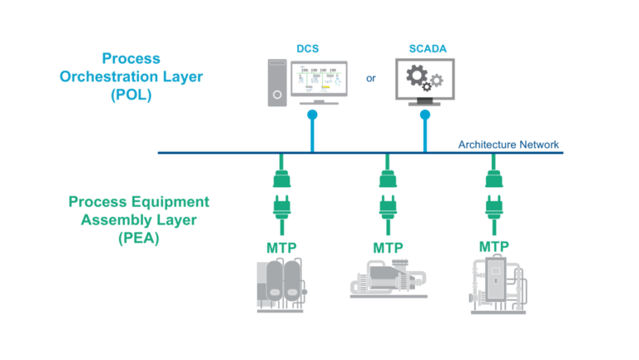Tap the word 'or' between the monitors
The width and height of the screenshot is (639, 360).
[370, 80]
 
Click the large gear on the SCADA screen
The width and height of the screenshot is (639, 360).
[416, 77]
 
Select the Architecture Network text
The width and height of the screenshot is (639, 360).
[509, 145]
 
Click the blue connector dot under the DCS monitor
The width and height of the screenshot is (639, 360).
[312, 116]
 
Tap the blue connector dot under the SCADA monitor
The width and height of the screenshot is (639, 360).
[425, 116]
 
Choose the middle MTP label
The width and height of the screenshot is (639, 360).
[388, 248]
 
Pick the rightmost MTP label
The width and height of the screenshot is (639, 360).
[494, 247]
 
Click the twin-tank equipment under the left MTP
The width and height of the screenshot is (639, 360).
[281, 284]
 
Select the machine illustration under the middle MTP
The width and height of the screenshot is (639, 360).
[386, 278]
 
